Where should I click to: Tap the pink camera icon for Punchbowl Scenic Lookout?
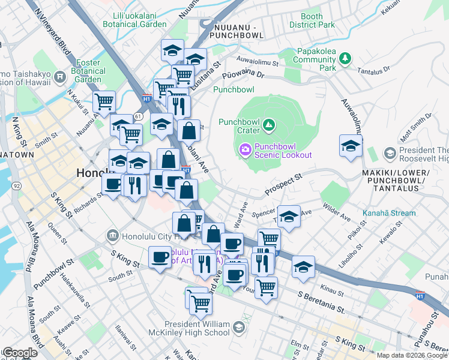[x=246, y=149]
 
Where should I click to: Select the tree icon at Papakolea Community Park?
[x=345, y=58]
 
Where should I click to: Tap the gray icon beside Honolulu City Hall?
[x=111, y=236]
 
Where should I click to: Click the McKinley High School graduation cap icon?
[x=239, y=328]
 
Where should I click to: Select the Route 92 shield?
[x=15, y=187]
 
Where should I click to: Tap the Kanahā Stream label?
[x=389, y=213]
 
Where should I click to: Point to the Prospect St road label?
[x=285, y=181]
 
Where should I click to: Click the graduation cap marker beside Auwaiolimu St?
[x=351, y=146]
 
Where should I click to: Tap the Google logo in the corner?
[x=19, y=353]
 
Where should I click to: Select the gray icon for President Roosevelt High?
[x=390, y=154]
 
